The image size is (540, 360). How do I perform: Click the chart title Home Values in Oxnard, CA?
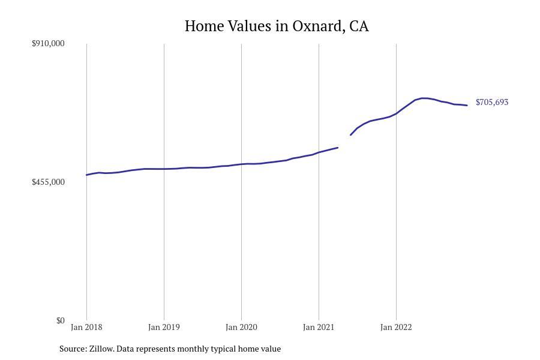tap(277, 26)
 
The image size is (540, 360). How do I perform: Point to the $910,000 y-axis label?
tap(48, 43)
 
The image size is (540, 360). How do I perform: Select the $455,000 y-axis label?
tap(48, 182)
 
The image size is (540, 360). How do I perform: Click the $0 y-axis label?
tap(60, 320)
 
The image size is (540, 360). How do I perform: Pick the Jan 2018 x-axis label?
tap(86, 328)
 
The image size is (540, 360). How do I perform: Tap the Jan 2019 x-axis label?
tap(164, 328)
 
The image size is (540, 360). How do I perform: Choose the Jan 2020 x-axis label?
tap(241, 328)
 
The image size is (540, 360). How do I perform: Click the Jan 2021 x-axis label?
tap(319, 328)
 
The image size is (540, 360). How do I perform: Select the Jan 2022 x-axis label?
tap(396, 328)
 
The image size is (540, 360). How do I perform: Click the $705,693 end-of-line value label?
tap(492, 103)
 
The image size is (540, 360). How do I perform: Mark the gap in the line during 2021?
tap(344, 141)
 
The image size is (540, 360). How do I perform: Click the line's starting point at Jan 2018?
tap(87, 175)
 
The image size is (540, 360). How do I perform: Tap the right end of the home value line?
tap(467, 106)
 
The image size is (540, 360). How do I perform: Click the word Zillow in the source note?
tap(101, 349)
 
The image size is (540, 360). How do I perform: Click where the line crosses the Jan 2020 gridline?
tap(241, 164)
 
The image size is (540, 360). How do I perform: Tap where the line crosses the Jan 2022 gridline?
tap(396, 113)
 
